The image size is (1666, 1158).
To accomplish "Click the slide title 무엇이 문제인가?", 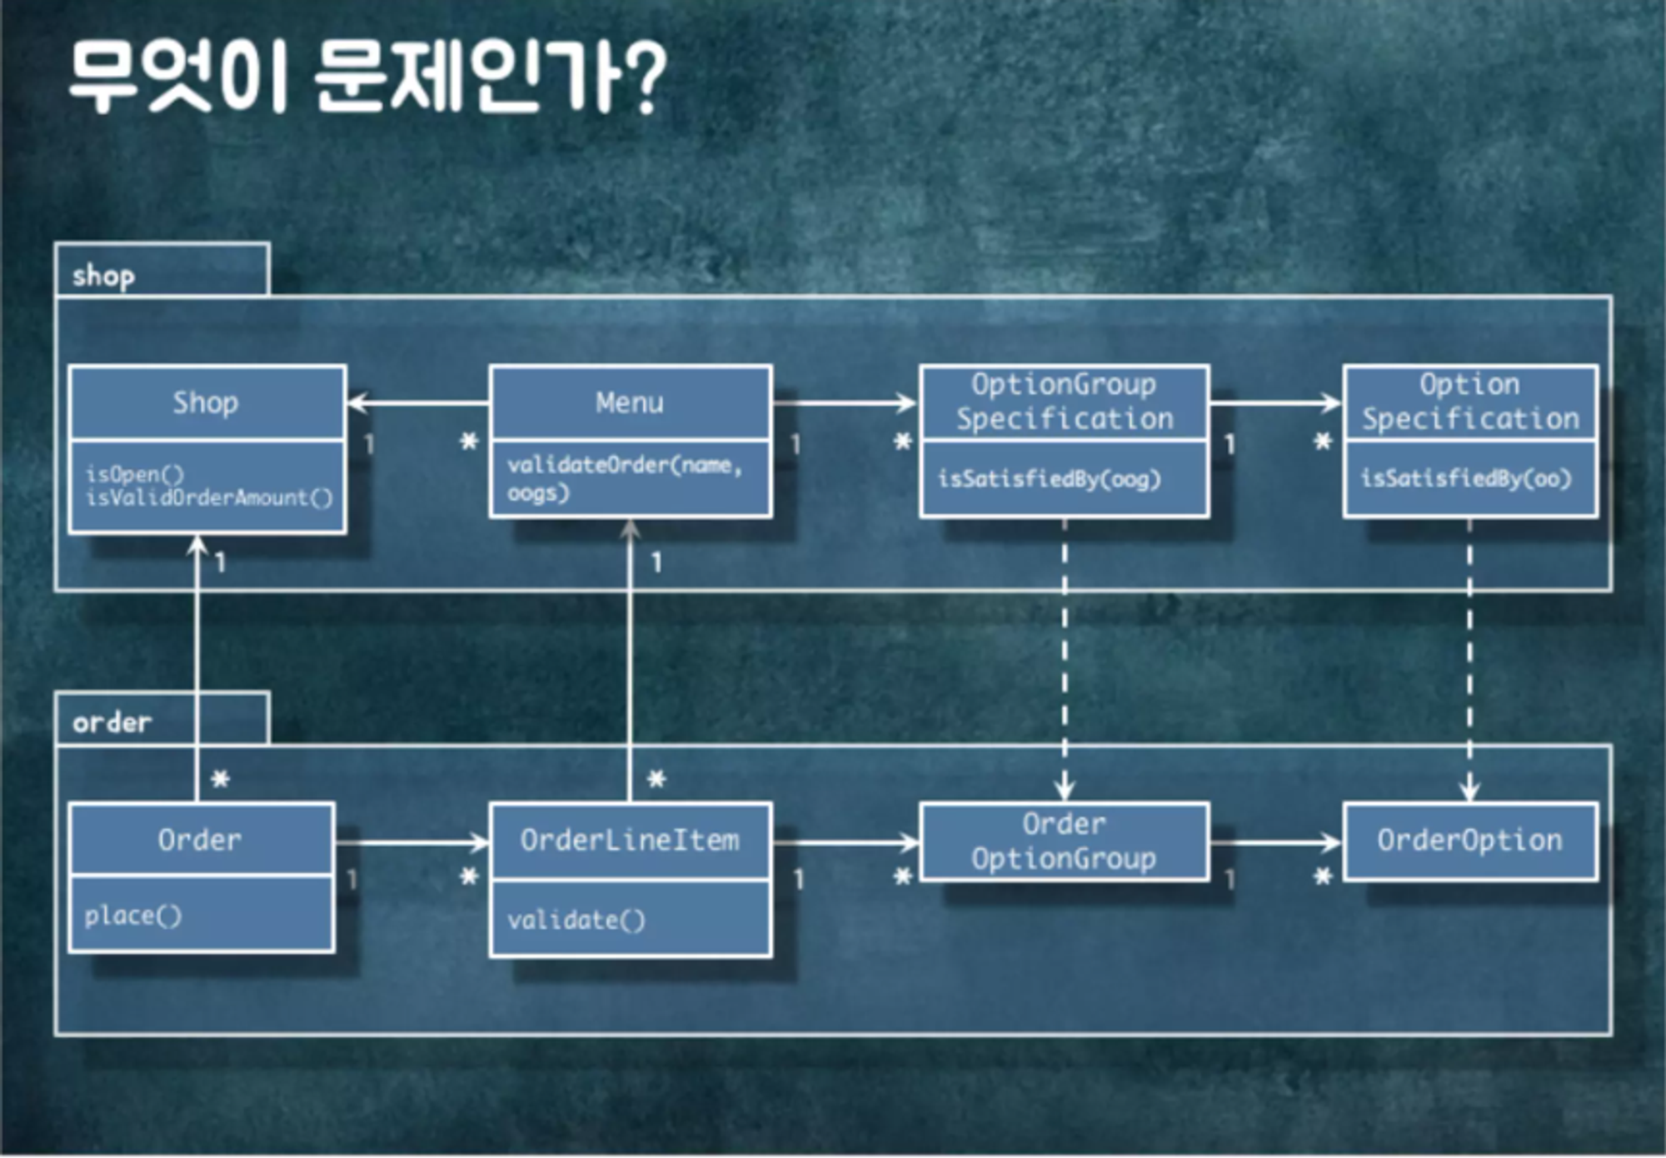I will pyautogui.click(x=367, y=77).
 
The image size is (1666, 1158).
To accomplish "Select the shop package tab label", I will pyautogui.click(x=103, y=276).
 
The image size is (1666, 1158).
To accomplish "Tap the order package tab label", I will pyautogui.click(x=112, y=722).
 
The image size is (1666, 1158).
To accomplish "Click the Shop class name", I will pyautogui.click(x=206, y=403).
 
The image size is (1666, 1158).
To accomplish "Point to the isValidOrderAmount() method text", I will pyautogui.click(x=209, y=498).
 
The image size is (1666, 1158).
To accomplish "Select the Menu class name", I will pyautogui.click(x=630, y=403).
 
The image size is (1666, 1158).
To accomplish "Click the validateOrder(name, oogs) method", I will pyautogui.click(x=625, y=478).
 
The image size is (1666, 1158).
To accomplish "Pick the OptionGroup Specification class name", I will pyautogui.click(x=1064, y=402).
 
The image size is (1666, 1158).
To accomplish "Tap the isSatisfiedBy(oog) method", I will pyautogui.click(x=1049, y=479).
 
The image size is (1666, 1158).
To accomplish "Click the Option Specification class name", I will pyautogui.click(x=1470, y=402).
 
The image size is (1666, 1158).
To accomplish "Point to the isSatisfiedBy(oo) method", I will pyautogui.click(x=1466, y=478).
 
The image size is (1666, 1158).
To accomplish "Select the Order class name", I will pyautogui.click(x=200, y=840).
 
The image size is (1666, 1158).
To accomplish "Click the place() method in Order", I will pyautogui.click(x=132, y=916).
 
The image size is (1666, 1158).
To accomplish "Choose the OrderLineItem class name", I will pyautogui.click(x=630, y=840).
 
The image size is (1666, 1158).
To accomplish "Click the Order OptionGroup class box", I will pyautogui.click(x=1064, y=841).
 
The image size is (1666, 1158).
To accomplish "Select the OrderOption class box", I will pyautogui.click(x=1470, y=841).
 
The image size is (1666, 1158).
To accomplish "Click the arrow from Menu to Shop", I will pyautogui.click(x=417, y=404).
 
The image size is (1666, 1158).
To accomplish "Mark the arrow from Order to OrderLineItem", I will pyautogui.click(x=412, y=843).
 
